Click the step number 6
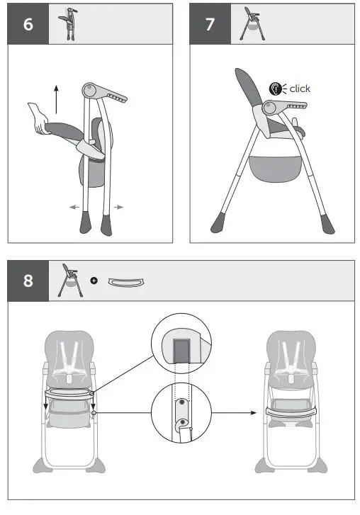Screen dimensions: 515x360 coord(28,24)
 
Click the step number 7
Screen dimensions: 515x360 coord(210,24)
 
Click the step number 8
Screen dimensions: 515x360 coord(28,281)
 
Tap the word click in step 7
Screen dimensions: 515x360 coord(300,89)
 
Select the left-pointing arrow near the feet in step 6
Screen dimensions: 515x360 coord(73,208)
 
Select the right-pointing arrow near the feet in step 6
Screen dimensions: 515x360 coord(118,208)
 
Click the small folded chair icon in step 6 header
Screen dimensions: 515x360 coord(69,23)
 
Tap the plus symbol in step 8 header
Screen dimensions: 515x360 coord(94,281)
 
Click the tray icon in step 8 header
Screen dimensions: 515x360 coord(126,282)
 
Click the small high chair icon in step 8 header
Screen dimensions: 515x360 coord(68,281)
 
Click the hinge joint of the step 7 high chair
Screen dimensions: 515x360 coord(269,108)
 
